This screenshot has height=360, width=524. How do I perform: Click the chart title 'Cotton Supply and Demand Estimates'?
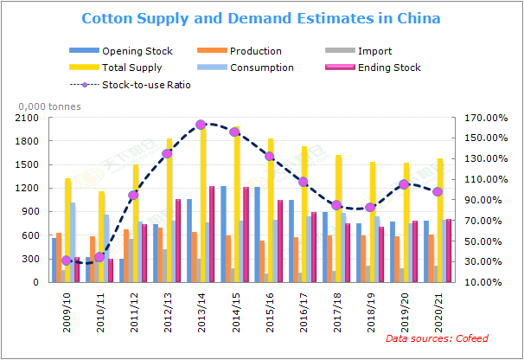click(x=260, y=18)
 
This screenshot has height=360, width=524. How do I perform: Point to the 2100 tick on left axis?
click(x=28, y=118)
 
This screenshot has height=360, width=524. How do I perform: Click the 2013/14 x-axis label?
click(x=201, y=312)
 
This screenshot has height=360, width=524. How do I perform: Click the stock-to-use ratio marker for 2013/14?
click(x=201, y=125)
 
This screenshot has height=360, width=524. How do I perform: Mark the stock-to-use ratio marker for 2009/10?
click(x=66, y=260)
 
